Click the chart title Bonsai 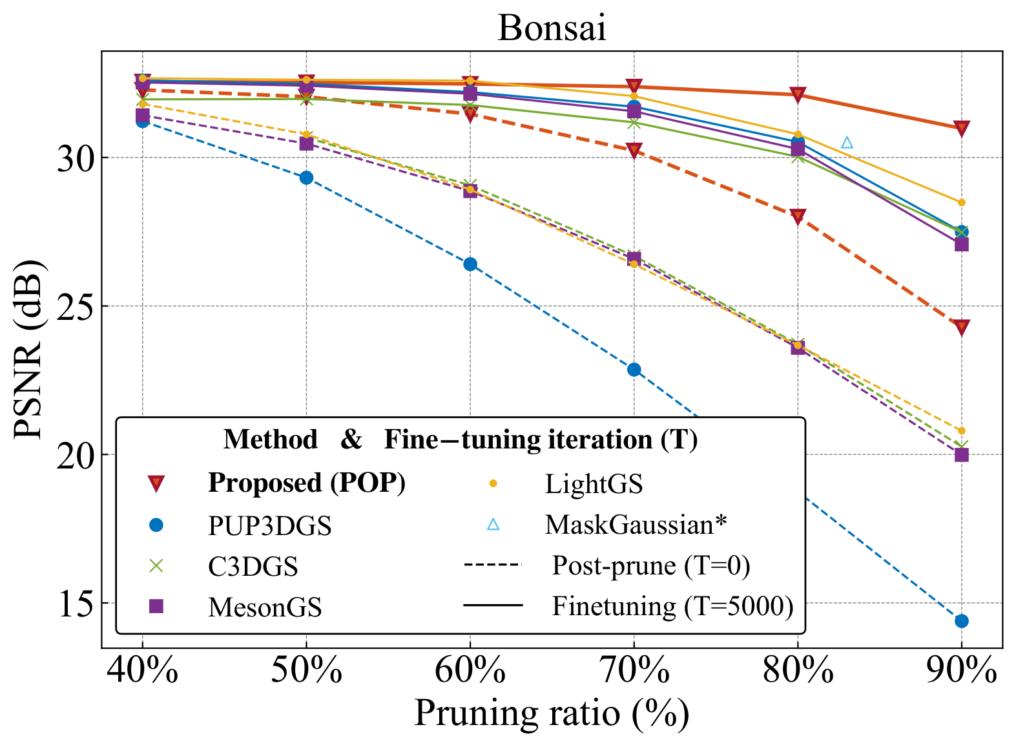tap(552, 28)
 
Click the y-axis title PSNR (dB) tap(29, 350)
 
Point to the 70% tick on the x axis tap(634, 672)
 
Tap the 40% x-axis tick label tap(142, 672)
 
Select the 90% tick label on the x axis tap(961, 672)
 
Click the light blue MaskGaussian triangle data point tap(847, 142)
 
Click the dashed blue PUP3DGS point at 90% tap(961, 621)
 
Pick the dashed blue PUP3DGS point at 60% tap(470, 264)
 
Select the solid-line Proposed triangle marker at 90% tap(961, 129)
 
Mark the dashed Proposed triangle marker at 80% tap(798, 216)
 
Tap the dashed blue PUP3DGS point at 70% tap(634, 370)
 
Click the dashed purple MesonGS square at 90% tap(961, 454)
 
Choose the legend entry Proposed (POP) tap(306, 483)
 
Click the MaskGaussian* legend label tap(636, 525)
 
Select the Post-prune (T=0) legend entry tap(650, 565)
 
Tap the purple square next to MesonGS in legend tap(156, 606)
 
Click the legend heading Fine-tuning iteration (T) tap(541, 440)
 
